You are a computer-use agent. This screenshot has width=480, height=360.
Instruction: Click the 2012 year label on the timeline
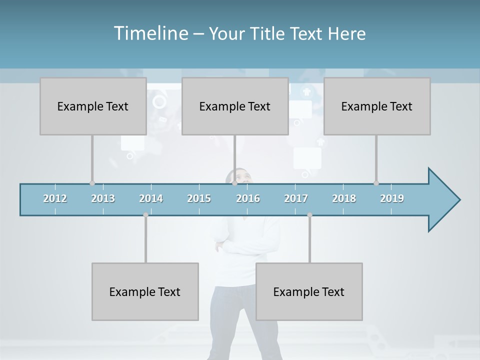coord(55,198)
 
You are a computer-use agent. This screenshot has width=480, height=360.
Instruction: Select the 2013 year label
coord(103,198)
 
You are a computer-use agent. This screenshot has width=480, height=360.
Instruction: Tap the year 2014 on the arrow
coord(151,198)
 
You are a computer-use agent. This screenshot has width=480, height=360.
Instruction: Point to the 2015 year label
coord(199,198)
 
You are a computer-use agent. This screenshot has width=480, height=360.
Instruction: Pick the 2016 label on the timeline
coord(248,198)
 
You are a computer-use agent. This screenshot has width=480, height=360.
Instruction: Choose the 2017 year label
coord(296,198)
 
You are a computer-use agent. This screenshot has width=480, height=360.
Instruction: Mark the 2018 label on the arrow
coord(344,198)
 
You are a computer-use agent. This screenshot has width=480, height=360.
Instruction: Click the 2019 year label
coord(392,198)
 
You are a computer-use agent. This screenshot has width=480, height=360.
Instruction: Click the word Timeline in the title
coord(150,33)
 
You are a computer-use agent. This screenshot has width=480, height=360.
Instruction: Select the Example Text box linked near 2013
coord(93,106)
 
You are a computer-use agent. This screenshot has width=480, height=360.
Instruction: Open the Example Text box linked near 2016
coord(235,106)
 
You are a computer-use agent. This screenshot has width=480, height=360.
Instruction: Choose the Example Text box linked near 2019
coord(377,106)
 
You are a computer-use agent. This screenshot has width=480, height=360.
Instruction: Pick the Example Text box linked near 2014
coord(145,291)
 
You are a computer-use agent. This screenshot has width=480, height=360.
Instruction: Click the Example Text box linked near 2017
coord(309,291)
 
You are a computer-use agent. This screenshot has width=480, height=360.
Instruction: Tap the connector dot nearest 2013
coord(92,183)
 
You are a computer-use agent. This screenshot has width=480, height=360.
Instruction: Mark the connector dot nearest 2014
coord(145,214)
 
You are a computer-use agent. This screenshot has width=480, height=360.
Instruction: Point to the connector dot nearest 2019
coord(376,183)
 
